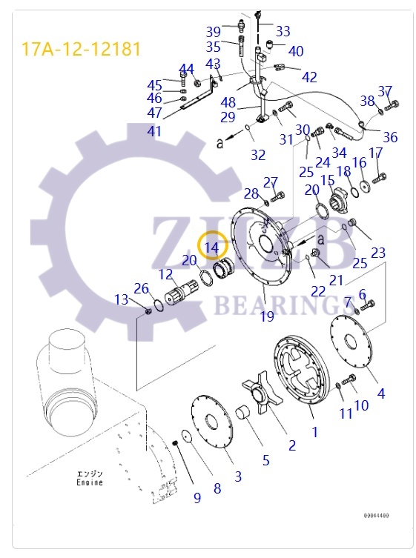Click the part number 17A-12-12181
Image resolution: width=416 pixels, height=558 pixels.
80,50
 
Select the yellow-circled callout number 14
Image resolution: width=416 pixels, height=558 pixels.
212,247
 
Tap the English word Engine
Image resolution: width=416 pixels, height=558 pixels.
90,482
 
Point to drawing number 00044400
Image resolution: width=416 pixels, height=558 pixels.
376,515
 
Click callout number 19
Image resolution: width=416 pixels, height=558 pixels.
266,316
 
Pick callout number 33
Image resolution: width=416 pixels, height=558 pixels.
283,32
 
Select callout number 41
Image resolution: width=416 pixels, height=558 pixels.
154,131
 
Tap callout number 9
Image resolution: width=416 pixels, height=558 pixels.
197,498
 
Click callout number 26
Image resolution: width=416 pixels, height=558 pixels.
141,288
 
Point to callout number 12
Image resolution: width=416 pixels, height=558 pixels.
165,274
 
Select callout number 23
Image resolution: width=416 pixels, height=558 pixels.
378,253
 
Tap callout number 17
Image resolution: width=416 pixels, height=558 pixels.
376,153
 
